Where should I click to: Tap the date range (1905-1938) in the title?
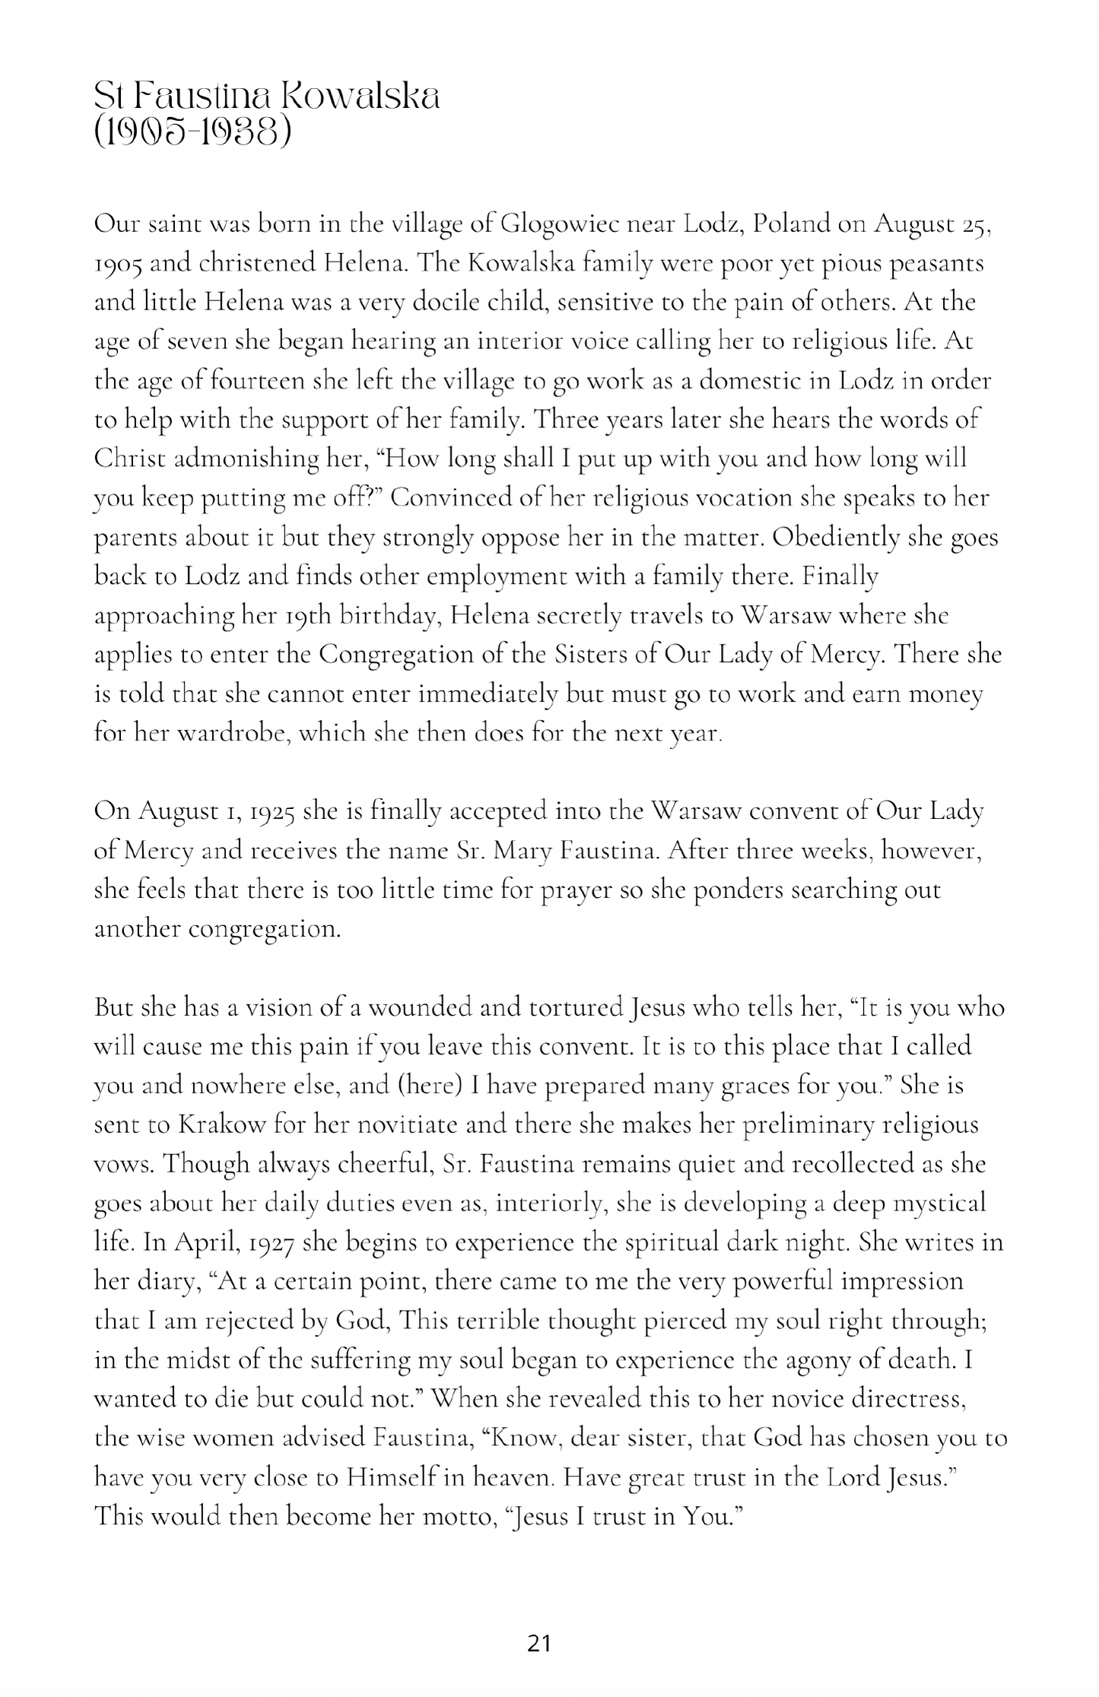[x=192, y=133]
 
